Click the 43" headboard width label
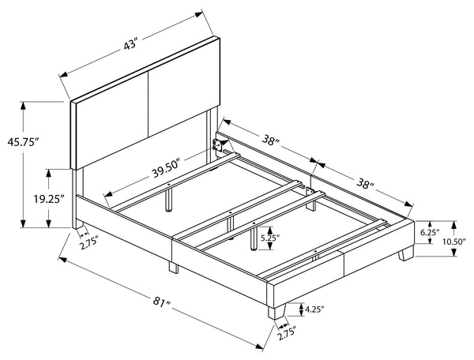pyautogui.click(x=130, y=46)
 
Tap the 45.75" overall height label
pyautogui.click(x=24, y=142)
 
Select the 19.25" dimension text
pyautogui.click(x=49, y=199)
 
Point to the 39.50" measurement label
pyautogui.click(x=166, y=170)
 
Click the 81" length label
pyautogui.click(x=162, y=302)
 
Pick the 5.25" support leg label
pyautogui.click(x=269, y=238)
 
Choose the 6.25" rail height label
pyautogui.click(x=430, y=232)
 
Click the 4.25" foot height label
pyautogui.click(x=314, y=309)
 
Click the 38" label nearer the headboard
pyautogui.click(x=270, y=141)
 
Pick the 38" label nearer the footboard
pyautogui.click(x=365, y=183)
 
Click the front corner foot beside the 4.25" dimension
pyautogui.click(x=276, y=311)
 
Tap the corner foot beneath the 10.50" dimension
pyautogui.click(x=406, y=253)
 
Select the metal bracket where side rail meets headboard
pyautogui.click(x=216, y=145)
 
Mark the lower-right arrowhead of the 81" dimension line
pyautogui.click(x=259, y=347)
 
